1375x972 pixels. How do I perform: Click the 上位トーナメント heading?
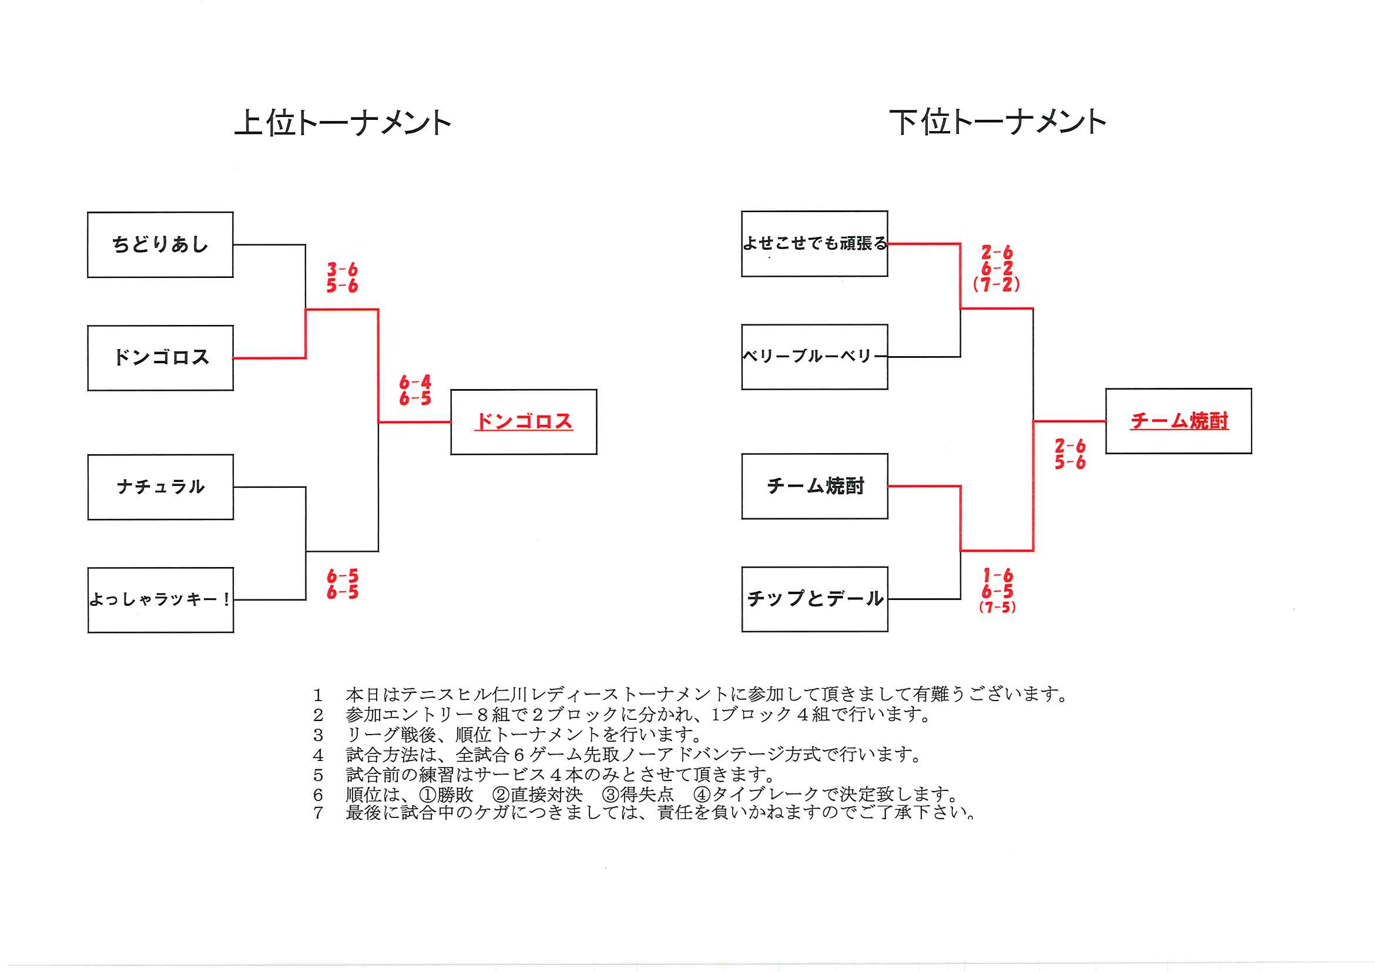click(x=342, y=123)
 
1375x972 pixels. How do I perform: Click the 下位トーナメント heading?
click(x=997, y=123)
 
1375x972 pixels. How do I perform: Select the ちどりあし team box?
click(x=160, y=244)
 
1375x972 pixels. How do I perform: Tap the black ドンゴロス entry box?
click(x=160, y=357)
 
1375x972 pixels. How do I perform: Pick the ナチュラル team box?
click(x=160, y=487)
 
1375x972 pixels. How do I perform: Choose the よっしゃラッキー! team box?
click(x=160, y=599)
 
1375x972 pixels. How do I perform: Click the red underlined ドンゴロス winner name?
click(x=524, y=421)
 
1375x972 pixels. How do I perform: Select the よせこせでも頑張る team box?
click(x=814, y=243)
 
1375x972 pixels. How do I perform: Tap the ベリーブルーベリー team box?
click(x=814, y=356)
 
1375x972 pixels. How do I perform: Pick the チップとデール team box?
click(x=814, y=598)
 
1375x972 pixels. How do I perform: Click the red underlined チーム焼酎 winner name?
click(x=1179, y=420)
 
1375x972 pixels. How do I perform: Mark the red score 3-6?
click(x=342, y=269)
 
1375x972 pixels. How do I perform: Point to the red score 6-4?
click(x=415, y=381)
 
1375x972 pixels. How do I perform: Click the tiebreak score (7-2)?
click(x=997, y=284)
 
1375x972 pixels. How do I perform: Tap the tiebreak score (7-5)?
click(x=997, y=607)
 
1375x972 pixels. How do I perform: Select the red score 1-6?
click(x=998, y=575)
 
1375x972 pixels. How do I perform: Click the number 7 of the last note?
click(x=318, y=813)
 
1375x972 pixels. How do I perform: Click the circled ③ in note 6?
click(x=611, y=795)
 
